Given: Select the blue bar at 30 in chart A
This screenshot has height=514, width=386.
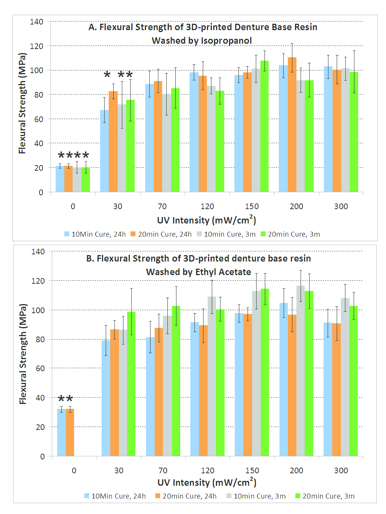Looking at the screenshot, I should (104, 151).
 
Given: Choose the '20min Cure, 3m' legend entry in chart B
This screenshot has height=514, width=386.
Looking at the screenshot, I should (328, 496).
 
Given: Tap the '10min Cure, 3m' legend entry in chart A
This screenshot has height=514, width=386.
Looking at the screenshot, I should (229, 234).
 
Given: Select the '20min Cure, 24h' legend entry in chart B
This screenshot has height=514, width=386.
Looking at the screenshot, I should (189, 496).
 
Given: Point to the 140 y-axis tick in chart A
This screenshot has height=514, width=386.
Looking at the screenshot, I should (36, 22).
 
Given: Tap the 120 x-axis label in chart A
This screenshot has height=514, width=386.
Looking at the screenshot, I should (207, 206).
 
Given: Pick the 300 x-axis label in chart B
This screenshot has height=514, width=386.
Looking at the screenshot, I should (341, 470).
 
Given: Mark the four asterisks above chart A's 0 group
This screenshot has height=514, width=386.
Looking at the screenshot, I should (73, 155).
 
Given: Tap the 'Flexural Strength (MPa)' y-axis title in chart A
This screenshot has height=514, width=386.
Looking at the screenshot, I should (22, 103).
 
